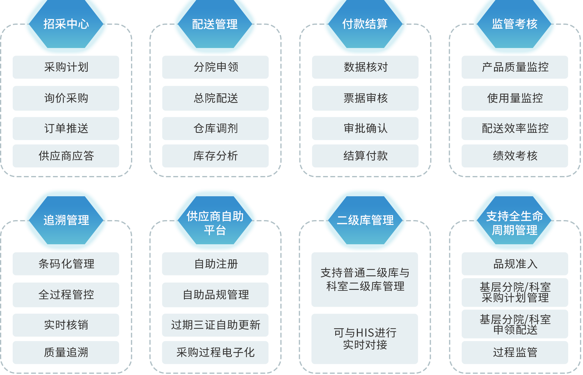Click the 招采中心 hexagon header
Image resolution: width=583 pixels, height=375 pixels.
(66, 24)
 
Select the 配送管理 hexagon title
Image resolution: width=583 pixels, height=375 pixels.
(215, 24)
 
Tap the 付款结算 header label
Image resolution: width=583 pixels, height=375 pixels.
(365, 24)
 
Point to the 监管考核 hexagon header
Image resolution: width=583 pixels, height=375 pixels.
(514, 24)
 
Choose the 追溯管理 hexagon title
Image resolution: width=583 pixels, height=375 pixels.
(66, 220)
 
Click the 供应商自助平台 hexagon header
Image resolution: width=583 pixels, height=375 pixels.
(215, 223)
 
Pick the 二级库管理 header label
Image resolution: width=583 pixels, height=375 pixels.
(365, 220)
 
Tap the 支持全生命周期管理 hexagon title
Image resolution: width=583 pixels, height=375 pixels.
(514, 223)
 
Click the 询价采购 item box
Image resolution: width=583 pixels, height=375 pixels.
(66, 98)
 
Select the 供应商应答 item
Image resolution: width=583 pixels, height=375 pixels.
(66, 156)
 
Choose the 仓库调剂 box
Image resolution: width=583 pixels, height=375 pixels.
(215, 128)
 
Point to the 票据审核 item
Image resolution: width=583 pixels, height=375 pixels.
(365, 98)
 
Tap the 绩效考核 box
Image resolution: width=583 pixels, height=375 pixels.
(515, 156)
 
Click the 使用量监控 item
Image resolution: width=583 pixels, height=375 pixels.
(515, 98)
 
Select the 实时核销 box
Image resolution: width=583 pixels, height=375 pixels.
(66, 325)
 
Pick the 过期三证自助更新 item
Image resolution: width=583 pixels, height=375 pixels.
(215, 325)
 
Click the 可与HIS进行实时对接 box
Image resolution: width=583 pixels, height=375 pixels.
(365, 339)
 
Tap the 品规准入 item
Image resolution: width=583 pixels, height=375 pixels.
(515, 264)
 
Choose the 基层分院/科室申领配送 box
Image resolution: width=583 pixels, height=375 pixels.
(515, 324)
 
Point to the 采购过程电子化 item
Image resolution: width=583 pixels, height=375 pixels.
(215, 352)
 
